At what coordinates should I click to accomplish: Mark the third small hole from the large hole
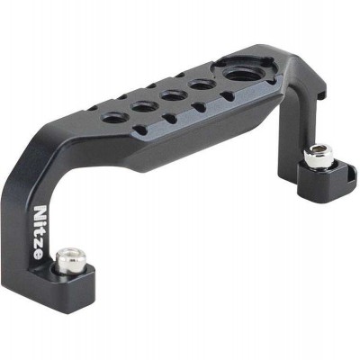coord(142,105)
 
